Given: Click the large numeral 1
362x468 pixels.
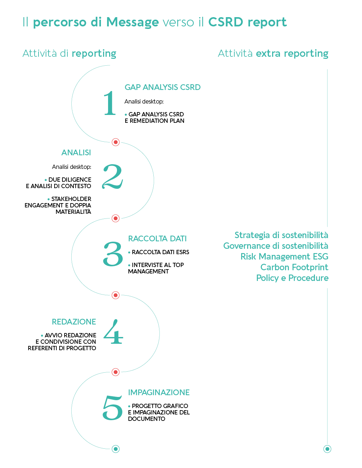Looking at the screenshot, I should (x=110, y=103).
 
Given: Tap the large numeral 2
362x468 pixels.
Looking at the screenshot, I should (x=112, y=177).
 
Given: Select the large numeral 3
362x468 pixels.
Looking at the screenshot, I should (x=113, y=254).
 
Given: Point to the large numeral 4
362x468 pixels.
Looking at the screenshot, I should (x=113, y=332).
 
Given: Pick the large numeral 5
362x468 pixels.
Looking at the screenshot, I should (x=112, y=408).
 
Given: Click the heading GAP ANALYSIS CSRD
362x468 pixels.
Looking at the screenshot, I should (x=162, y=87).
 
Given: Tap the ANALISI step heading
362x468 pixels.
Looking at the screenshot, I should (x=76, y=152).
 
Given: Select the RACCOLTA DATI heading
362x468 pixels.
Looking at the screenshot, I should (x=157, y=238).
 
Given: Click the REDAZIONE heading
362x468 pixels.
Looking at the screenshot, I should (x=74, y=322).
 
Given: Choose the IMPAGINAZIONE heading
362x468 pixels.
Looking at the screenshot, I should (x=159, y=392).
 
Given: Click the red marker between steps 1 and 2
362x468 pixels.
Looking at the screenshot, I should (x=116, y=142).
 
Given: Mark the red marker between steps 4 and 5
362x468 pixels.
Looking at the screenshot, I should (x=116, y=372).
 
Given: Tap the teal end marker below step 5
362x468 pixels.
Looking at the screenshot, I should (x=116, y=449).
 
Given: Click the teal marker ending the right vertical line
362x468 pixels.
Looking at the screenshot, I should (x=327, y=449).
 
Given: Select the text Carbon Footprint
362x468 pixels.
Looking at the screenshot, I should (x=294, y=267).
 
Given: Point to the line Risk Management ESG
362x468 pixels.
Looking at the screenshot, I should (x=284, y=256).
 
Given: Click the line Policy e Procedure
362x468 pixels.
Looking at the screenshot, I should (x=292, y=278).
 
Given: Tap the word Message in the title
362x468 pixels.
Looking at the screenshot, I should (x=132, y=22).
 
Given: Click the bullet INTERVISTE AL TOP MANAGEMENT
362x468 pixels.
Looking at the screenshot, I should (x=156, y=268).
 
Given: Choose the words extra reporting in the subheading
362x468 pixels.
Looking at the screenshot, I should (x=292, y=54).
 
